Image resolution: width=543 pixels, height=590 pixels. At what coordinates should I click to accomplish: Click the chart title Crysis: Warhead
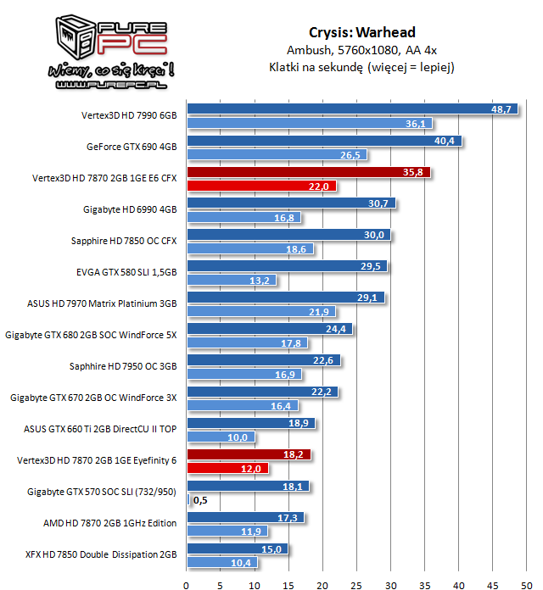tap(362, 33)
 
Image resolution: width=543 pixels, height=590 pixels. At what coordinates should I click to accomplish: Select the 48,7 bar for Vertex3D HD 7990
tap(352, 109)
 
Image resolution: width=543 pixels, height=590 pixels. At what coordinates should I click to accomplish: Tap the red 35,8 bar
tap(309, 172)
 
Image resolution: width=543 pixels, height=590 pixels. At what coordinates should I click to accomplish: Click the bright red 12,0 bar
tap(228, 468)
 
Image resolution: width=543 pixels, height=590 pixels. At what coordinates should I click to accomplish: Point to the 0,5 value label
tap(200, 500)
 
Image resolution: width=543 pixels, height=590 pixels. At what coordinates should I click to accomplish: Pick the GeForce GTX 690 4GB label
tap(132, 147)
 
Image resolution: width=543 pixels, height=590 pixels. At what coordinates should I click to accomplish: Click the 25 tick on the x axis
tap(356, 585)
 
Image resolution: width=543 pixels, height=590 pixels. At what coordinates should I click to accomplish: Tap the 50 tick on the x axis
tap(526, 585)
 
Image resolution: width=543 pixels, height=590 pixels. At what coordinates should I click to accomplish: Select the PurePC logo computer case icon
tap(76, 37)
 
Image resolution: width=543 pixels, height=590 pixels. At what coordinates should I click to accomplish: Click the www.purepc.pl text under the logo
tap(111, 85)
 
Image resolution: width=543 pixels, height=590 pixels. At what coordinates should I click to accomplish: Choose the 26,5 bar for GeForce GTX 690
tap(277, 154)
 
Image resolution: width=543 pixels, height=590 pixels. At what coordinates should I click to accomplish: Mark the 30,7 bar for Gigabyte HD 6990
tap(292, 203)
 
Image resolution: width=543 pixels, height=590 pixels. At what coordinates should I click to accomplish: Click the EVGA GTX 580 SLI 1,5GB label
tap(126, 272)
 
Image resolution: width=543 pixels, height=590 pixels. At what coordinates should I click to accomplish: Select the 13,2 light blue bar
tap(232, 280)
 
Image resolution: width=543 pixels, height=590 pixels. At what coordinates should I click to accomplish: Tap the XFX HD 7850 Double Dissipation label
tap(101, 554)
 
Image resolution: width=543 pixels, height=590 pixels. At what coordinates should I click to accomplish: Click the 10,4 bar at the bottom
tap(222, 562)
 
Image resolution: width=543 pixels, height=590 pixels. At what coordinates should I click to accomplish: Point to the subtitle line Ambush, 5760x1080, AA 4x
tap(362, 50)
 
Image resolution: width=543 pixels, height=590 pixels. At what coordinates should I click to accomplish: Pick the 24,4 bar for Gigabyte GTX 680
tap(270, 329)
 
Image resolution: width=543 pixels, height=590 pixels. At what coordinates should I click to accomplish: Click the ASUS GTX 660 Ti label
tap(100, 429)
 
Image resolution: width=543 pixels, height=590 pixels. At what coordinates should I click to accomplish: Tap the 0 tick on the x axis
tap(186, 585)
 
